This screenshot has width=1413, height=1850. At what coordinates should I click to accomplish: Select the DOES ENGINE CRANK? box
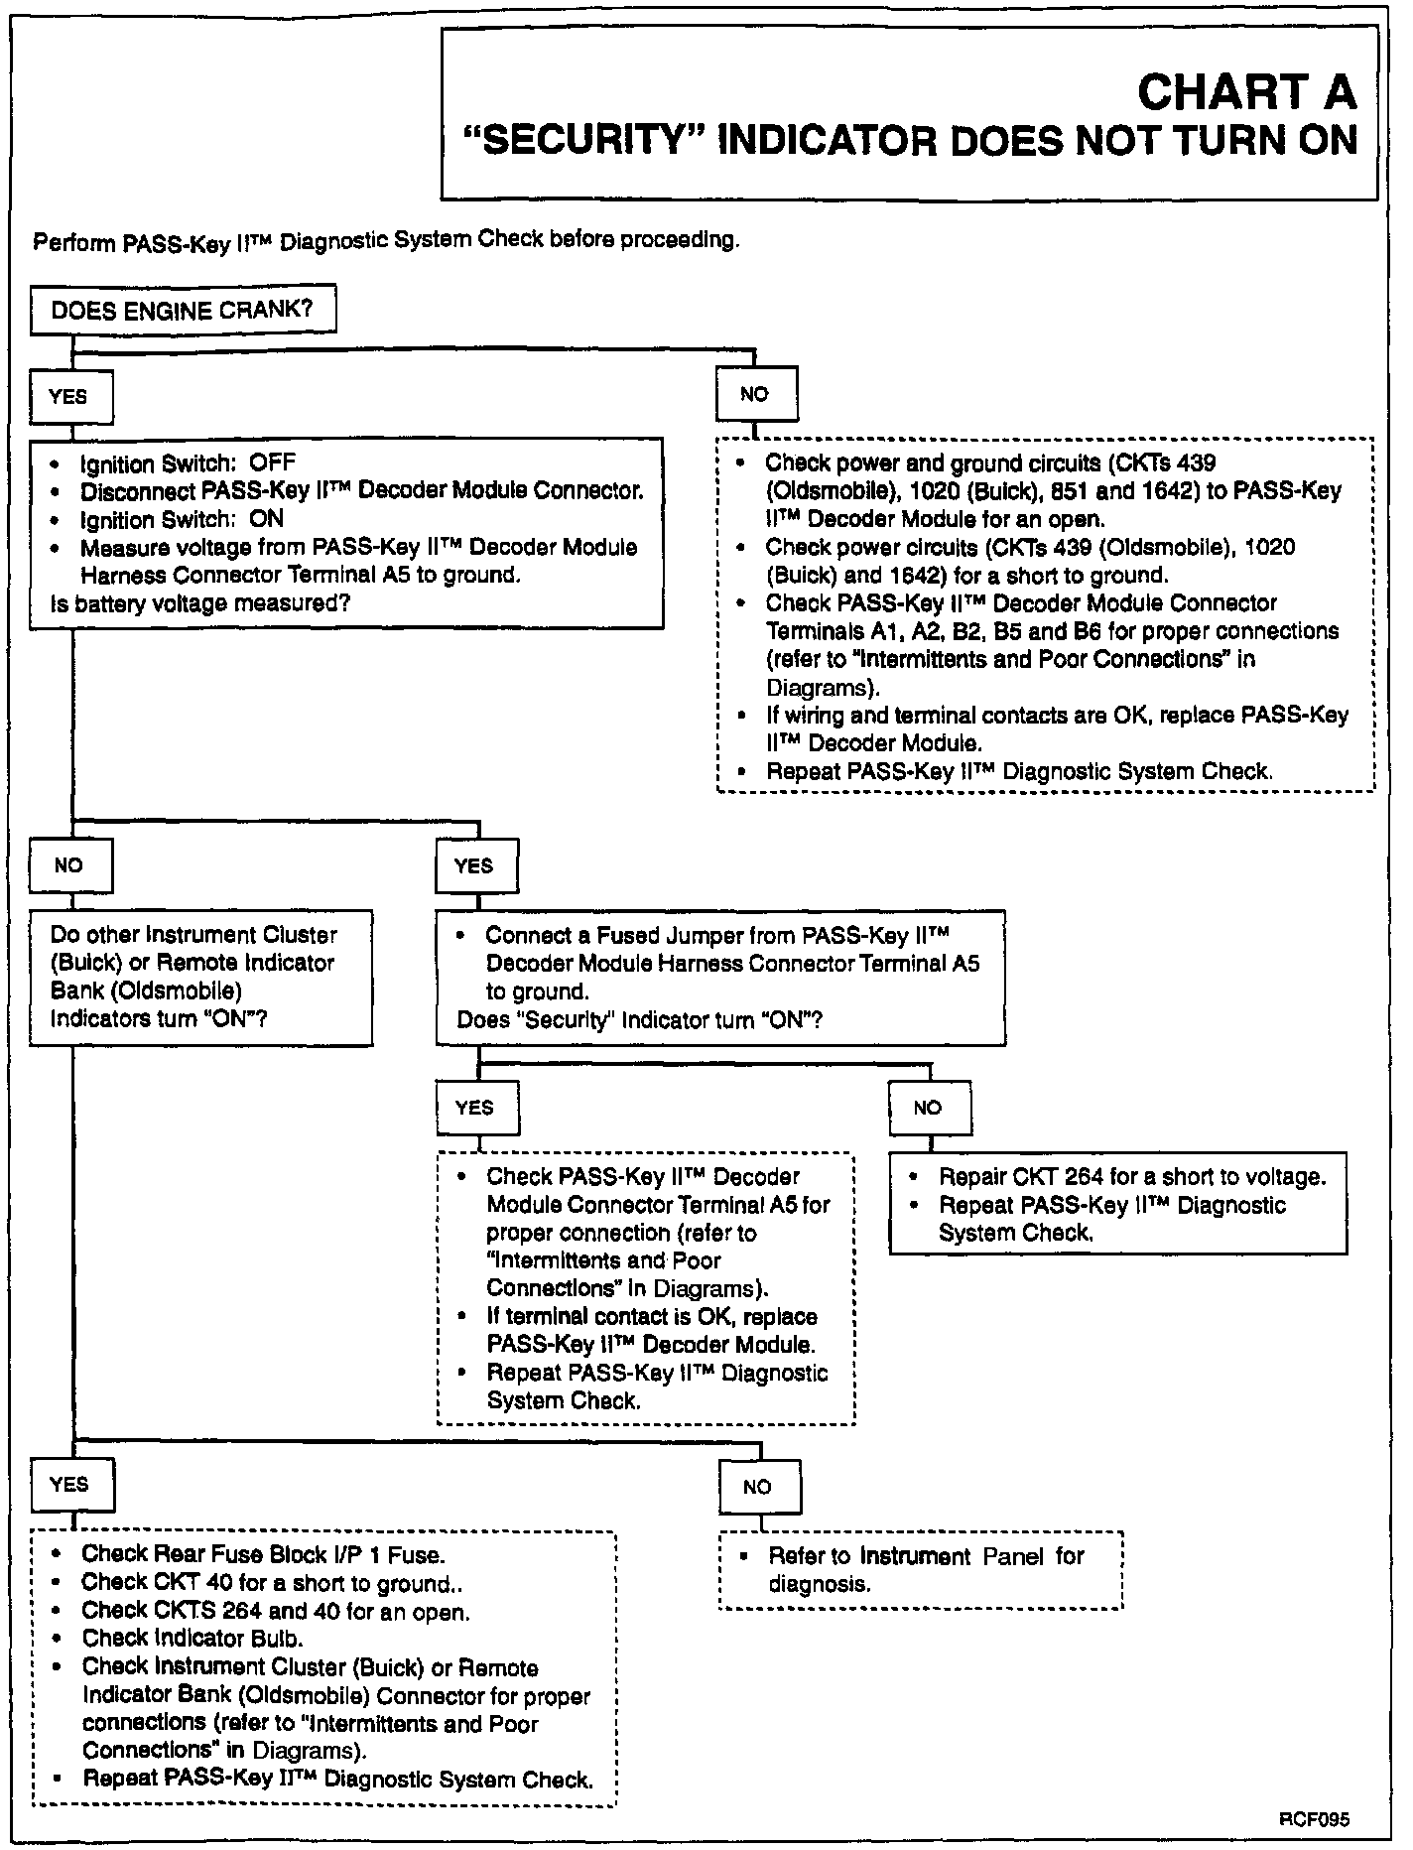(183, 311)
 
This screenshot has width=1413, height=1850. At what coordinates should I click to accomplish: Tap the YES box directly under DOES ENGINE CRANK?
(68, 397)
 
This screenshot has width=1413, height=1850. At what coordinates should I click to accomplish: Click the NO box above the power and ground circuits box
(755, 394)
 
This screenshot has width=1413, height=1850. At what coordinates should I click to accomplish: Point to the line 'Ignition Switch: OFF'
(188, 462)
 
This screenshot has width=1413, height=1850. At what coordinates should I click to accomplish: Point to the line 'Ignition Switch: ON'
(182, 518)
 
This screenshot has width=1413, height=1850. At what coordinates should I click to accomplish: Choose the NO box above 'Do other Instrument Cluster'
(69, 865)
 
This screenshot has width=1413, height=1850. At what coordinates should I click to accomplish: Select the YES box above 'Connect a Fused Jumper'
(474, 865)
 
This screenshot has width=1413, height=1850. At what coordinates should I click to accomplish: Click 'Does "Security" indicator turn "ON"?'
(639, 1019)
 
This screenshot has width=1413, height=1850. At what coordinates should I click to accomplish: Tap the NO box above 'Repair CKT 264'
(929, 1108)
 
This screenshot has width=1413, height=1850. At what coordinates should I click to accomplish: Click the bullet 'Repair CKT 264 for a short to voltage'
(1131, 1177)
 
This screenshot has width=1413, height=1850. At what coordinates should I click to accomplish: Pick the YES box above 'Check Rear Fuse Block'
(70, 1484)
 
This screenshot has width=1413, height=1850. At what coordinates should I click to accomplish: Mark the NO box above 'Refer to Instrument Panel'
(757, 1486)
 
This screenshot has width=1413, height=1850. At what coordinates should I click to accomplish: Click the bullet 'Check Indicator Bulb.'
(193, 1638)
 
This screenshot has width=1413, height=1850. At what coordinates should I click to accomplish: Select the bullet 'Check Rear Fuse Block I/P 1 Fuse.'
(263, 1553)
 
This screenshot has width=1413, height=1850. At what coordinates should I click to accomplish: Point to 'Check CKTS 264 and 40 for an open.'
(276, 1611)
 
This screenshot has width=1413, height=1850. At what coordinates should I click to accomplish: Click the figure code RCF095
(1314, 1819)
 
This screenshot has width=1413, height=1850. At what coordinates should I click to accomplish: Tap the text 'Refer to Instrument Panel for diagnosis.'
(926, 1569)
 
